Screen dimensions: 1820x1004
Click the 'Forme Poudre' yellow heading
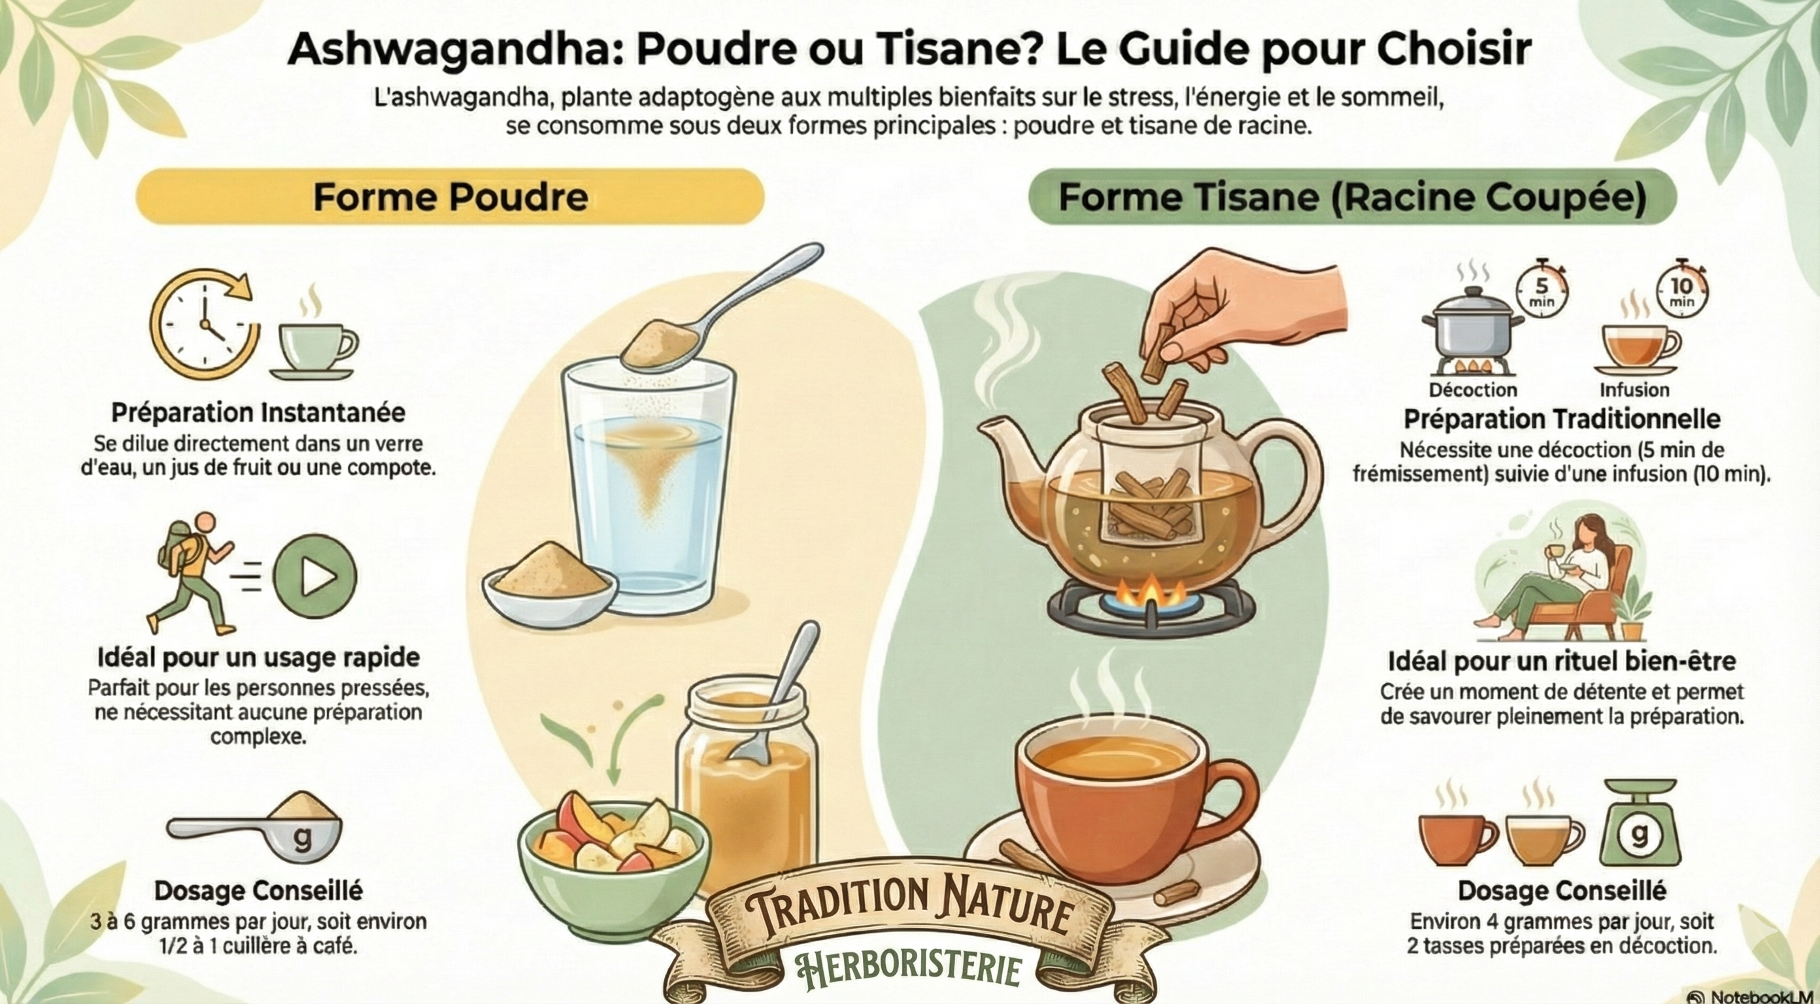tap(450, 196)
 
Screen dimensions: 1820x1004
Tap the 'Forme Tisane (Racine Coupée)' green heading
tap(1353, 196)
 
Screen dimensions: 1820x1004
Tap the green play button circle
tap(315, 577)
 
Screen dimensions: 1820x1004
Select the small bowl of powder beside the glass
tap(550, 584)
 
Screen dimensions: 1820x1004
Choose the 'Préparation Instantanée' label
tap(259, 413)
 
